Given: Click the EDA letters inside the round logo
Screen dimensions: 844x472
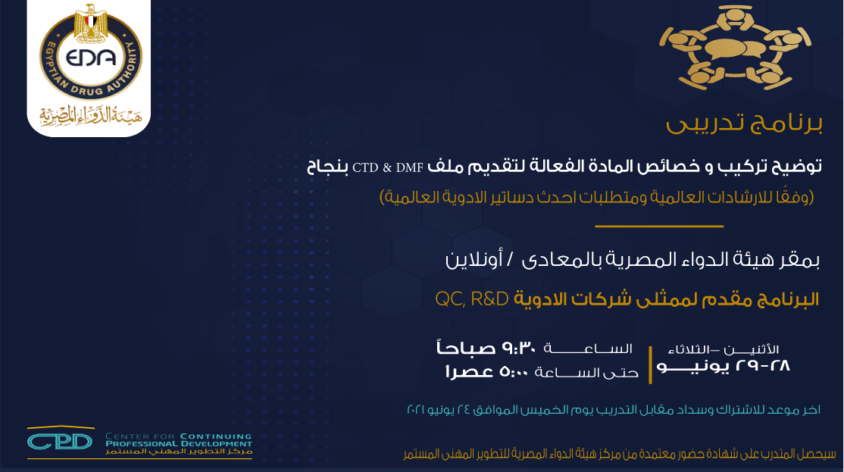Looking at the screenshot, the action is pyautogui.click(x=90, y=57).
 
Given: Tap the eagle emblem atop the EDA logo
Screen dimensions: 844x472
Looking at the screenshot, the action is pyautogui.click(x=91, y=23).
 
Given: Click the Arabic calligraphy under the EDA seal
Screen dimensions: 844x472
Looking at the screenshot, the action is pyautogui.click(x=90, y=114).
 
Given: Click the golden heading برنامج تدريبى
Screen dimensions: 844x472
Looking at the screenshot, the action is pyautogui.click(x=744, y=123).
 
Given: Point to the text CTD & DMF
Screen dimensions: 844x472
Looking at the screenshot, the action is pyautogui.click(x=388, y=168).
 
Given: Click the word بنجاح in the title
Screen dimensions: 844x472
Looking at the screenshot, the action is pyautogui.click(x=328, y=167).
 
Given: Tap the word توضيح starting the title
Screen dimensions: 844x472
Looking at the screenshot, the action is pyautogui.click(x=796, y=167).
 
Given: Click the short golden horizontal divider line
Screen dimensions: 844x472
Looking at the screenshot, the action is pyautogui.click(x=659, y=226).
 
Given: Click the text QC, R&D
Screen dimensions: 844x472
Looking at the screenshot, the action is pyautogui.click(x=472, y=299).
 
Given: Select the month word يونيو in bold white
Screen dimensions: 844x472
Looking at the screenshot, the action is pyautogui.click(x=692, y=367).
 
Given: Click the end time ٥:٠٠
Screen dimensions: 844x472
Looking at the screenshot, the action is pyautogui.click(x=514, y=371).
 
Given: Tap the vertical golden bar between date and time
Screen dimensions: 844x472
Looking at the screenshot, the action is pyautogui.click(x=650, y=365).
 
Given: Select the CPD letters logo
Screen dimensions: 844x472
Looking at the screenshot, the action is pyautogui.click(x=60, y=442).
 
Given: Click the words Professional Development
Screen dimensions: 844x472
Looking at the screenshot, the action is pyautogui.click(x=179, y=443).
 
